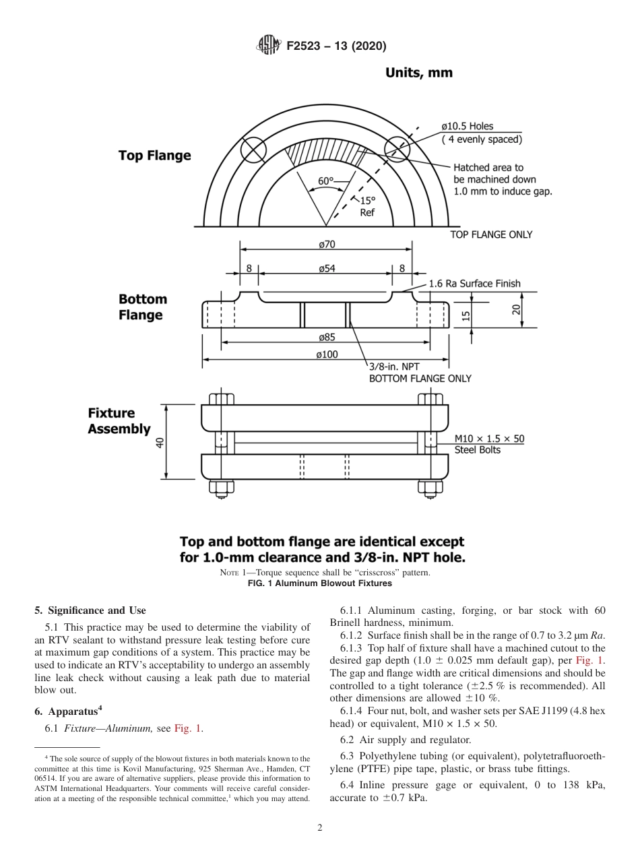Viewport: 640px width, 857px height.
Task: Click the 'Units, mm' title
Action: [418, 73]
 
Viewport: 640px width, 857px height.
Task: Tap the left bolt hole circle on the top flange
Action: [255, 150]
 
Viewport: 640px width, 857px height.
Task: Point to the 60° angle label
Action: [325, 181]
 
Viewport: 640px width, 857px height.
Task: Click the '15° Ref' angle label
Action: [366, 206]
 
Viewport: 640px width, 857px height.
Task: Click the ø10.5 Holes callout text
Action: [467, 126]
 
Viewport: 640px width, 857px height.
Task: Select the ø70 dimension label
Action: [325, 244]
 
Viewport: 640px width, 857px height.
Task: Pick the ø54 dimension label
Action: [325, 268]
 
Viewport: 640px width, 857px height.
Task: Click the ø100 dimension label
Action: [325, 354]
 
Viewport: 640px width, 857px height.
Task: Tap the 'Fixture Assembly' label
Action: [119, 421]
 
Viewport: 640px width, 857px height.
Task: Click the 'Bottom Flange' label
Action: [142, 307]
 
